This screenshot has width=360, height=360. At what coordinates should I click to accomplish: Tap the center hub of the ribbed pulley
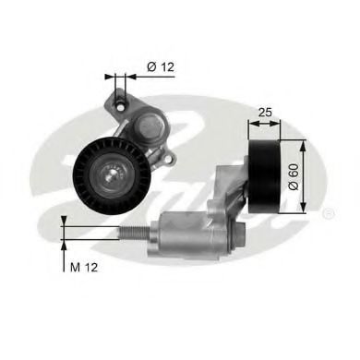click(x=114, y=173)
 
